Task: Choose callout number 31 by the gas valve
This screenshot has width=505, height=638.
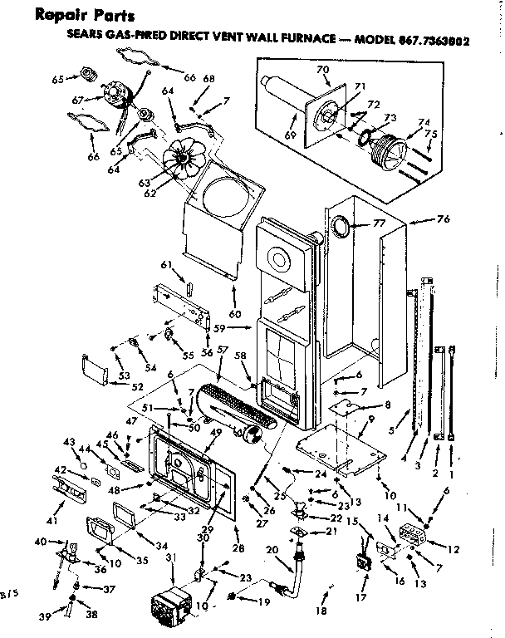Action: [x=172, y=557]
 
